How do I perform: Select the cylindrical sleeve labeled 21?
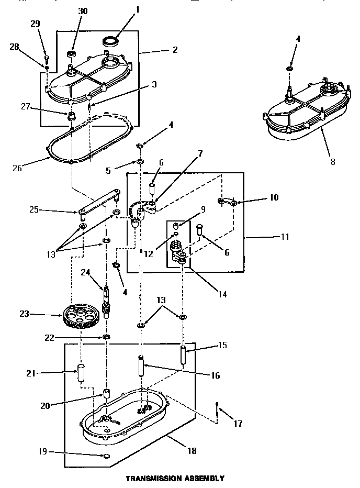tap(81, 373)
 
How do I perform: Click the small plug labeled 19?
tap(106, 457)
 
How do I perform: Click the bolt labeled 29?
tap(46, 59)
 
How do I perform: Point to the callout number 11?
tap(284, 237)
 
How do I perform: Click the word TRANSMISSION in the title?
tap(149, 478)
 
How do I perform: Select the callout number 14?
tap(222, 294)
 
